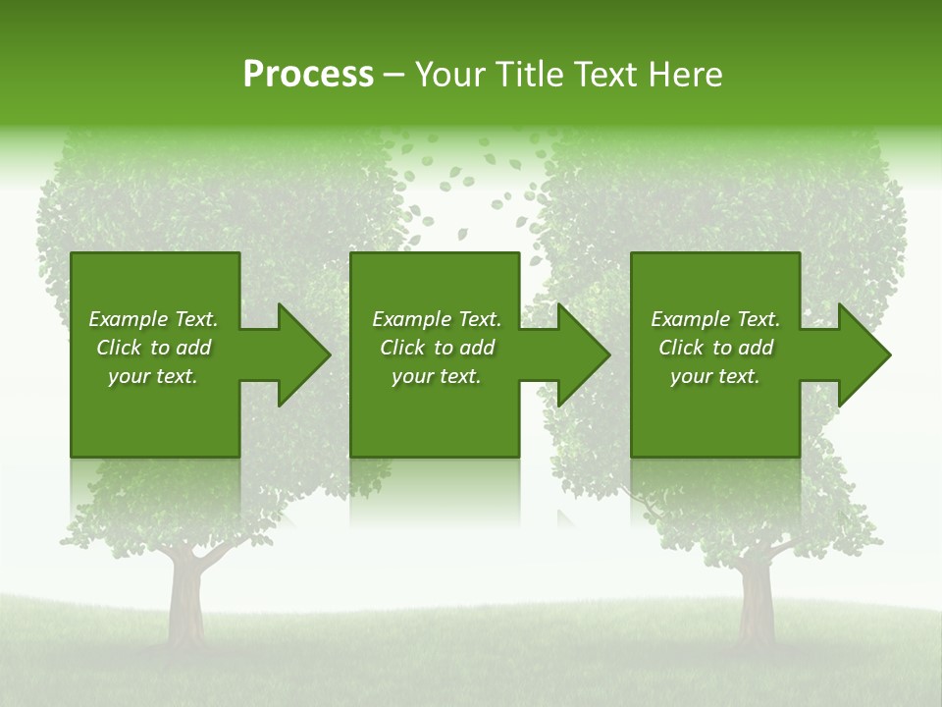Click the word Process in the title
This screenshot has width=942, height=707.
tap(308, 75)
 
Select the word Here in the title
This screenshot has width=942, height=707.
tap(684, 75)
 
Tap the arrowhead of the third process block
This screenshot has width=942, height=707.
tap(863, 354)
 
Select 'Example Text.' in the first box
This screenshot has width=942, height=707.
tap(153, 319)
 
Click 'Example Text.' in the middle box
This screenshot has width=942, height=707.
tap(437, 319)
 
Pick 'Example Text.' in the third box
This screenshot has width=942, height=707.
tap(715, 319)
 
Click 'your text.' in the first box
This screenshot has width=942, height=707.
tap(153, 376)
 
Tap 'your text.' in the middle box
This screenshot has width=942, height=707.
tap(437, 376)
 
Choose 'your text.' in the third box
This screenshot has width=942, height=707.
tap(715, 376)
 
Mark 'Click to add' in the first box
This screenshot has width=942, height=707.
tap(153, 348)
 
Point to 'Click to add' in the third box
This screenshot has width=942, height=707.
tap(715, 348)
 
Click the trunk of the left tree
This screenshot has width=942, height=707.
tap(184, 599)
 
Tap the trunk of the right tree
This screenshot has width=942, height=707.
tap(756, 599)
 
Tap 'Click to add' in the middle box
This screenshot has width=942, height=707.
tap(437, 348)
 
